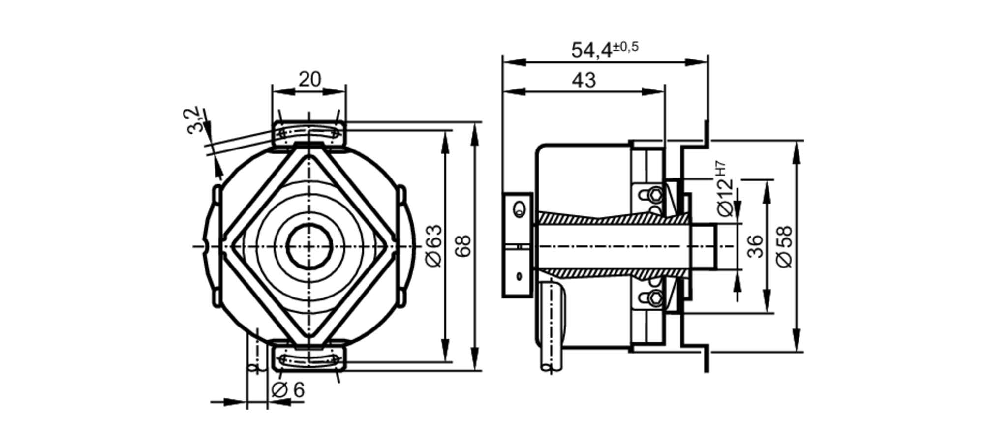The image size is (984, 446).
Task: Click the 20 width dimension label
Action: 309,79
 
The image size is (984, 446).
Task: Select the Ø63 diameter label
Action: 434,246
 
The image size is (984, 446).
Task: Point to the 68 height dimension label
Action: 463,246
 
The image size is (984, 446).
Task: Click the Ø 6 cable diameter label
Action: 288,390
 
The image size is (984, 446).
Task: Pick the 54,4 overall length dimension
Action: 592,50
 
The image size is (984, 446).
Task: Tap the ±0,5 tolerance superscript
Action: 626,47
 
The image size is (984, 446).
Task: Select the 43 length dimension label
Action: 584,80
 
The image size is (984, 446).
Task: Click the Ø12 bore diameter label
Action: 725,197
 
